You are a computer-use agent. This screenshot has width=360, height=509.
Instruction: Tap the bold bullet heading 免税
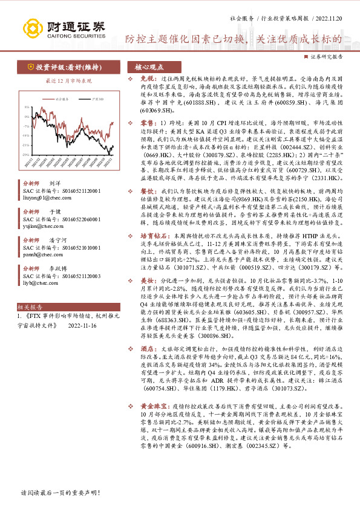click(x=140, y=79)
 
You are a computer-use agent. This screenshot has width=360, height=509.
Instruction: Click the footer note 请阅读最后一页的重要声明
click(x=60, y=493)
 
